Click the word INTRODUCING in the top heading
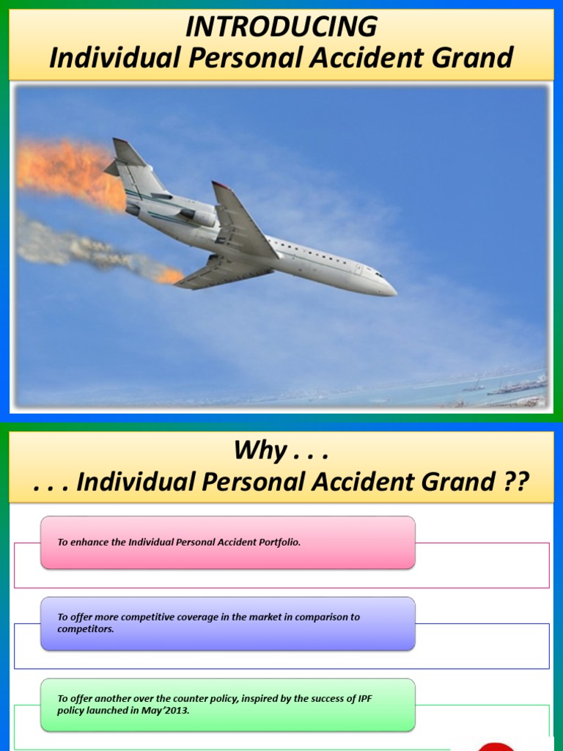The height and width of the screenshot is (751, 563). point(281,27)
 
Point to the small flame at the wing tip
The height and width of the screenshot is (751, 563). point(171,276)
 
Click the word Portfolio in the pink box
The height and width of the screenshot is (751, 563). point(275,542)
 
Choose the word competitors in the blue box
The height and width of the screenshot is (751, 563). point(86,629)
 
